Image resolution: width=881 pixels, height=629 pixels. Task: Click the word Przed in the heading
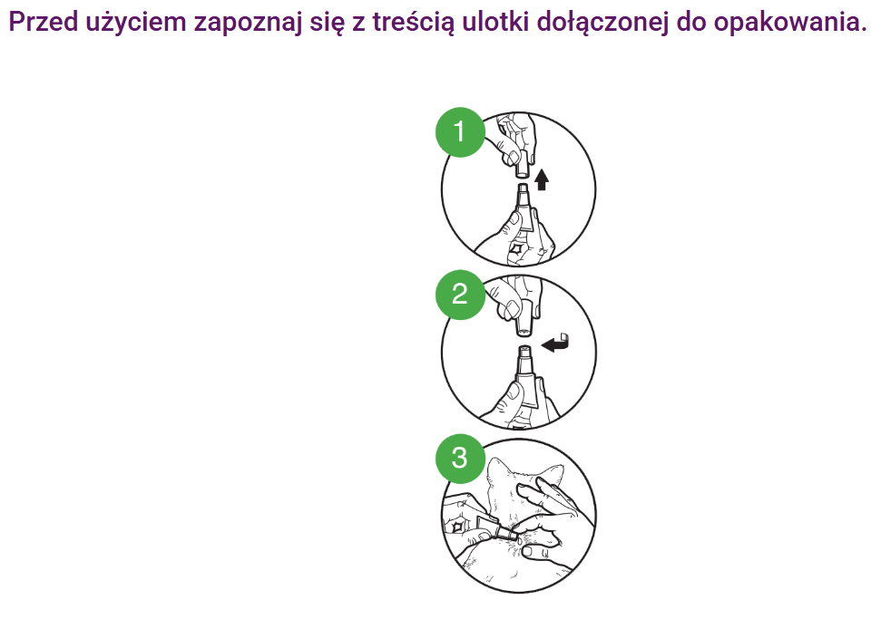point(44,22)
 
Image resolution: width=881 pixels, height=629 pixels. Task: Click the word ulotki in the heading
point(495,22)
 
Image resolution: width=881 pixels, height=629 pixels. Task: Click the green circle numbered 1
point(460,131)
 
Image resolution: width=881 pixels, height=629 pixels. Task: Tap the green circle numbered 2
point(460,295)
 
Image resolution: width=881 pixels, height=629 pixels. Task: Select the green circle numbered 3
point(460,458)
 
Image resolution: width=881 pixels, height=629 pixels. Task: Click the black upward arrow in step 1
point(541,179)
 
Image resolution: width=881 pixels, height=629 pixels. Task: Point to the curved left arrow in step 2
point(556,343)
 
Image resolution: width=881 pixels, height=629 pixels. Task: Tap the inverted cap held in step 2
point(524,319)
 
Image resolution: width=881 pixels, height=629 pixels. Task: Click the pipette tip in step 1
point(523,189)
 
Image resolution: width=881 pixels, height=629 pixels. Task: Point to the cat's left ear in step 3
point(497,470)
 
